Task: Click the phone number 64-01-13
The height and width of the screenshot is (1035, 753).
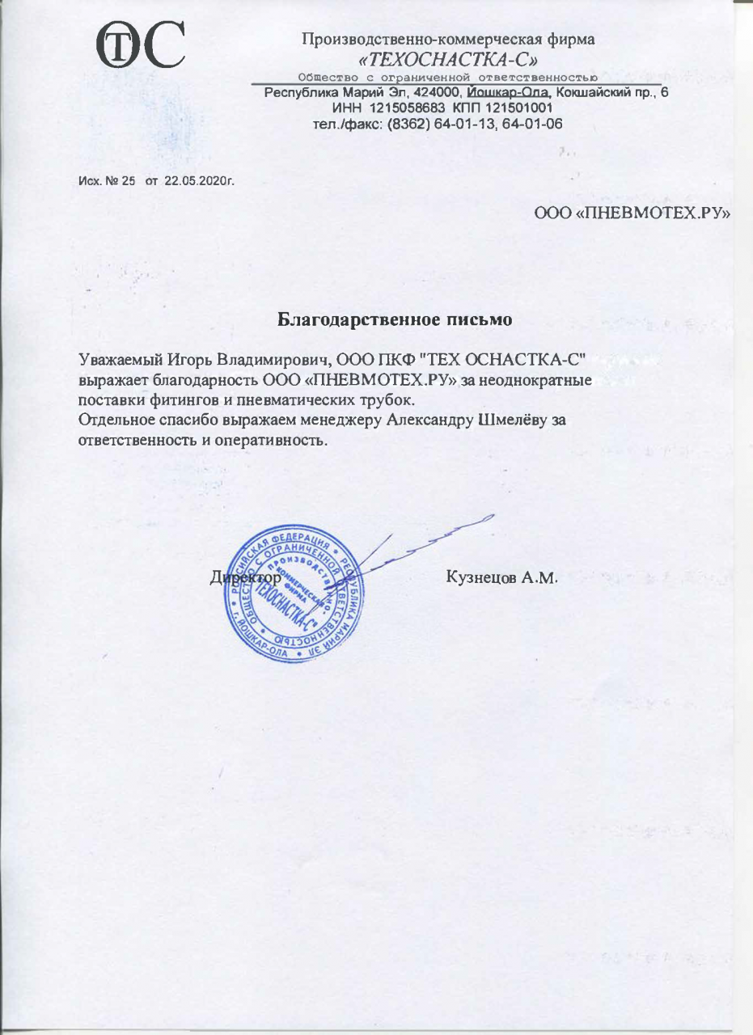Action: [469, 124]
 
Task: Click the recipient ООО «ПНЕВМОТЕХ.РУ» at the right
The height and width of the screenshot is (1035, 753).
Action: [632, 214]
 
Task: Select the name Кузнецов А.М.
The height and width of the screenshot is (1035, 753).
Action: [502, 579]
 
